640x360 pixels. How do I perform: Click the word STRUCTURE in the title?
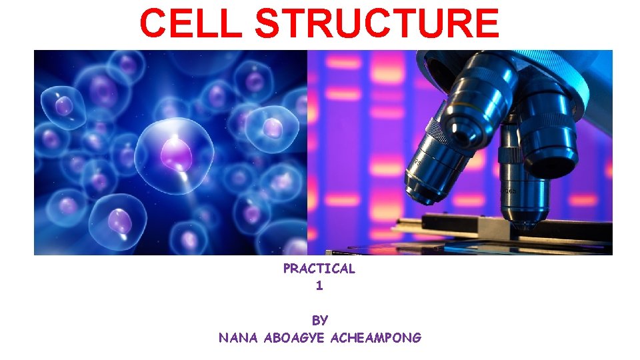[377, 23]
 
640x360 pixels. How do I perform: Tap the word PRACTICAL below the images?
[319, 269]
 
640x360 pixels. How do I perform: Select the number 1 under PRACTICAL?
[319, 286]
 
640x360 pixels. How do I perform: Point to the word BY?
[319, 321]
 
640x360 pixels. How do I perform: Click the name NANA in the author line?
[239, 338]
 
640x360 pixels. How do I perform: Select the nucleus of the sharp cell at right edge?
[273, 127]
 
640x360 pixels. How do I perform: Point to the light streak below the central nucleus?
[190, 193]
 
